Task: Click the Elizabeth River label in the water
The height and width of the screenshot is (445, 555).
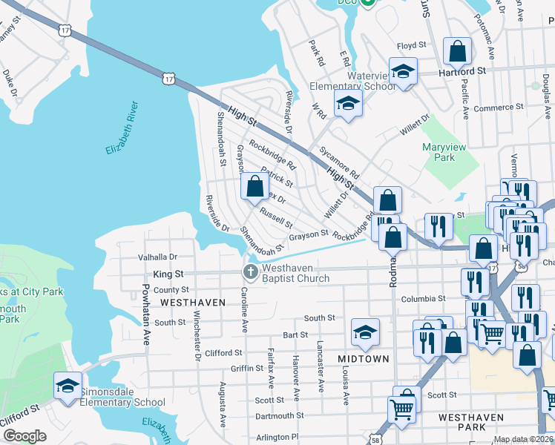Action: point(122,128)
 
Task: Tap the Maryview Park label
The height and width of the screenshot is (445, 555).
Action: point(444,152)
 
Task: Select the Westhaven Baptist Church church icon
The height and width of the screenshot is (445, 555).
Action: point(251,271)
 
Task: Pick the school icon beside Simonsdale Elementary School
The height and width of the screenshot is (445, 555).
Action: point(68,386)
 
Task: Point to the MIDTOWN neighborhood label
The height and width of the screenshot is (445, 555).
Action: point(364,359)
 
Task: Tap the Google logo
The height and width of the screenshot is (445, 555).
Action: point(24,435)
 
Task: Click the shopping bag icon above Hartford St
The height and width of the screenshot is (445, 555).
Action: point(458,52)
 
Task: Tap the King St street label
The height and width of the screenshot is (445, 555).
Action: point(167,274)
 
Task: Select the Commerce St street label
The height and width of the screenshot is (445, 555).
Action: point(498,108)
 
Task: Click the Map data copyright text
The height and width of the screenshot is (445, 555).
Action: point(523,439)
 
